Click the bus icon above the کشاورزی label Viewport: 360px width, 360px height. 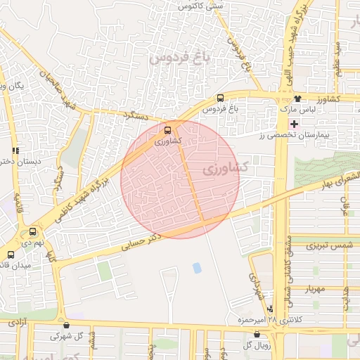(x=167, y=130)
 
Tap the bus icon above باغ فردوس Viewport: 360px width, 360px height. (x=220, y=98)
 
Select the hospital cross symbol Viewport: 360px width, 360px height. (x=294, y=123)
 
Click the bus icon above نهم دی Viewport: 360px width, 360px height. (x=32, y=231)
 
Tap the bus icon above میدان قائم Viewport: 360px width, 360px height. (x=10, y=255)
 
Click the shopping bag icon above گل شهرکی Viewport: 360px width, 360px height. (x=66, y=326)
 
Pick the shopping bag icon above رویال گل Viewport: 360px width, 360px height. (x=256, y=334)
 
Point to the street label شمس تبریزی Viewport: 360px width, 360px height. (x=328, y=245)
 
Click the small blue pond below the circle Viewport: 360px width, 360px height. (x=196, y=267)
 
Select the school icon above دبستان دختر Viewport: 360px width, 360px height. (x=15, y=150)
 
